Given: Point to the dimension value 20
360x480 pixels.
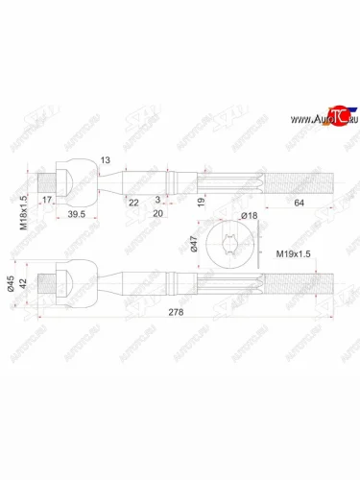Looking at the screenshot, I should tap(158, 215).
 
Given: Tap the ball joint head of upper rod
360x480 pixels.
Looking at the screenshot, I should tap(70, 179).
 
